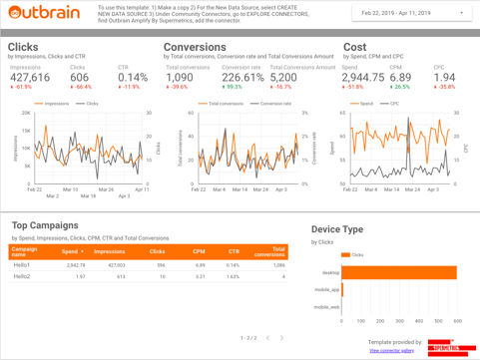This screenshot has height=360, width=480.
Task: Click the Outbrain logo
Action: coord(45,13)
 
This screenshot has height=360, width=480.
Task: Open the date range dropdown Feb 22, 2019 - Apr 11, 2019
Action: coord(410,14)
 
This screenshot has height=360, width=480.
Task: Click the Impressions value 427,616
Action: coord(30,77)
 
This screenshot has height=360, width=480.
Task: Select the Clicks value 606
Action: coord(79,77)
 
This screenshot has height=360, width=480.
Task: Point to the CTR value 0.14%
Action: coord(133,77)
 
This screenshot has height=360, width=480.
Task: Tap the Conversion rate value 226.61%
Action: coord(242,77)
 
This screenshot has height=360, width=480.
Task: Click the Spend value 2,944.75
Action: coord(363,77)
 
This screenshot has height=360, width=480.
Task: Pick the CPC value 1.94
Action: coord(444,77)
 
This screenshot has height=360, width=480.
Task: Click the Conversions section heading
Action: coord(195,47)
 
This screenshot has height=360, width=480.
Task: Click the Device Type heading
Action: coord(337,228)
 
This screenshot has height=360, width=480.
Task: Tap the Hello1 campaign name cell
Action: coord(22,265)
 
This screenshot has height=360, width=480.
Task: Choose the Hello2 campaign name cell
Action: coord(22,276)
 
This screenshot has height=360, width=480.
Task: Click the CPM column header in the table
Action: coord(199,251)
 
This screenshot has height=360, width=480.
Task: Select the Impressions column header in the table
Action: coord(110,251)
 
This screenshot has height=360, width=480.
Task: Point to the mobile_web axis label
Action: coord(326,306)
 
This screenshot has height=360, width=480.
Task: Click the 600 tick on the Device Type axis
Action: coord(457,321)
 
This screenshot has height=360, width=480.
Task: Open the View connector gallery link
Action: coord(391,350)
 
